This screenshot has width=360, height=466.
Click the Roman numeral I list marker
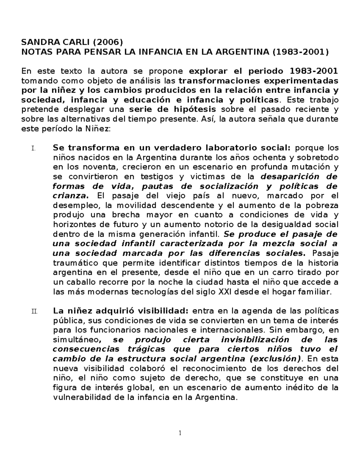33,148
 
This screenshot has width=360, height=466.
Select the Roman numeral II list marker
34,311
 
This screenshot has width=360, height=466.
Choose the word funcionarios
115,330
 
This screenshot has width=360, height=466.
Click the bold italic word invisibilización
255,340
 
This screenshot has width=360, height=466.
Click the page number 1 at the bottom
180,433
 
